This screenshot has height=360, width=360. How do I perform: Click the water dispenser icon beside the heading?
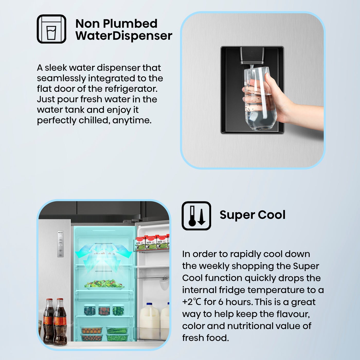[x=51, y=29]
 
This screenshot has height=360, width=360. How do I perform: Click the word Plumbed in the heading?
[x=130, y=24]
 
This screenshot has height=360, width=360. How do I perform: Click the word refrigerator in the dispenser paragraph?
[x=131, y=89]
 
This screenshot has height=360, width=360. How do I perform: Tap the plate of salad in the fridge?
[x=104, y=284]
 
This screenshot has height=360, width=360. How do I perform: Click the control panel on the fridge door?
[x=60, y=244]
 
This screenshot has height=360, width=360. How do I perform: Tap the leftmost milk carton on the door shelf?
[x=140, y=243]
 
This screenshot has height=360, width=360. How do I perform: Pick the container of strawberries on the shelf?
[x=104, y=310]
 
